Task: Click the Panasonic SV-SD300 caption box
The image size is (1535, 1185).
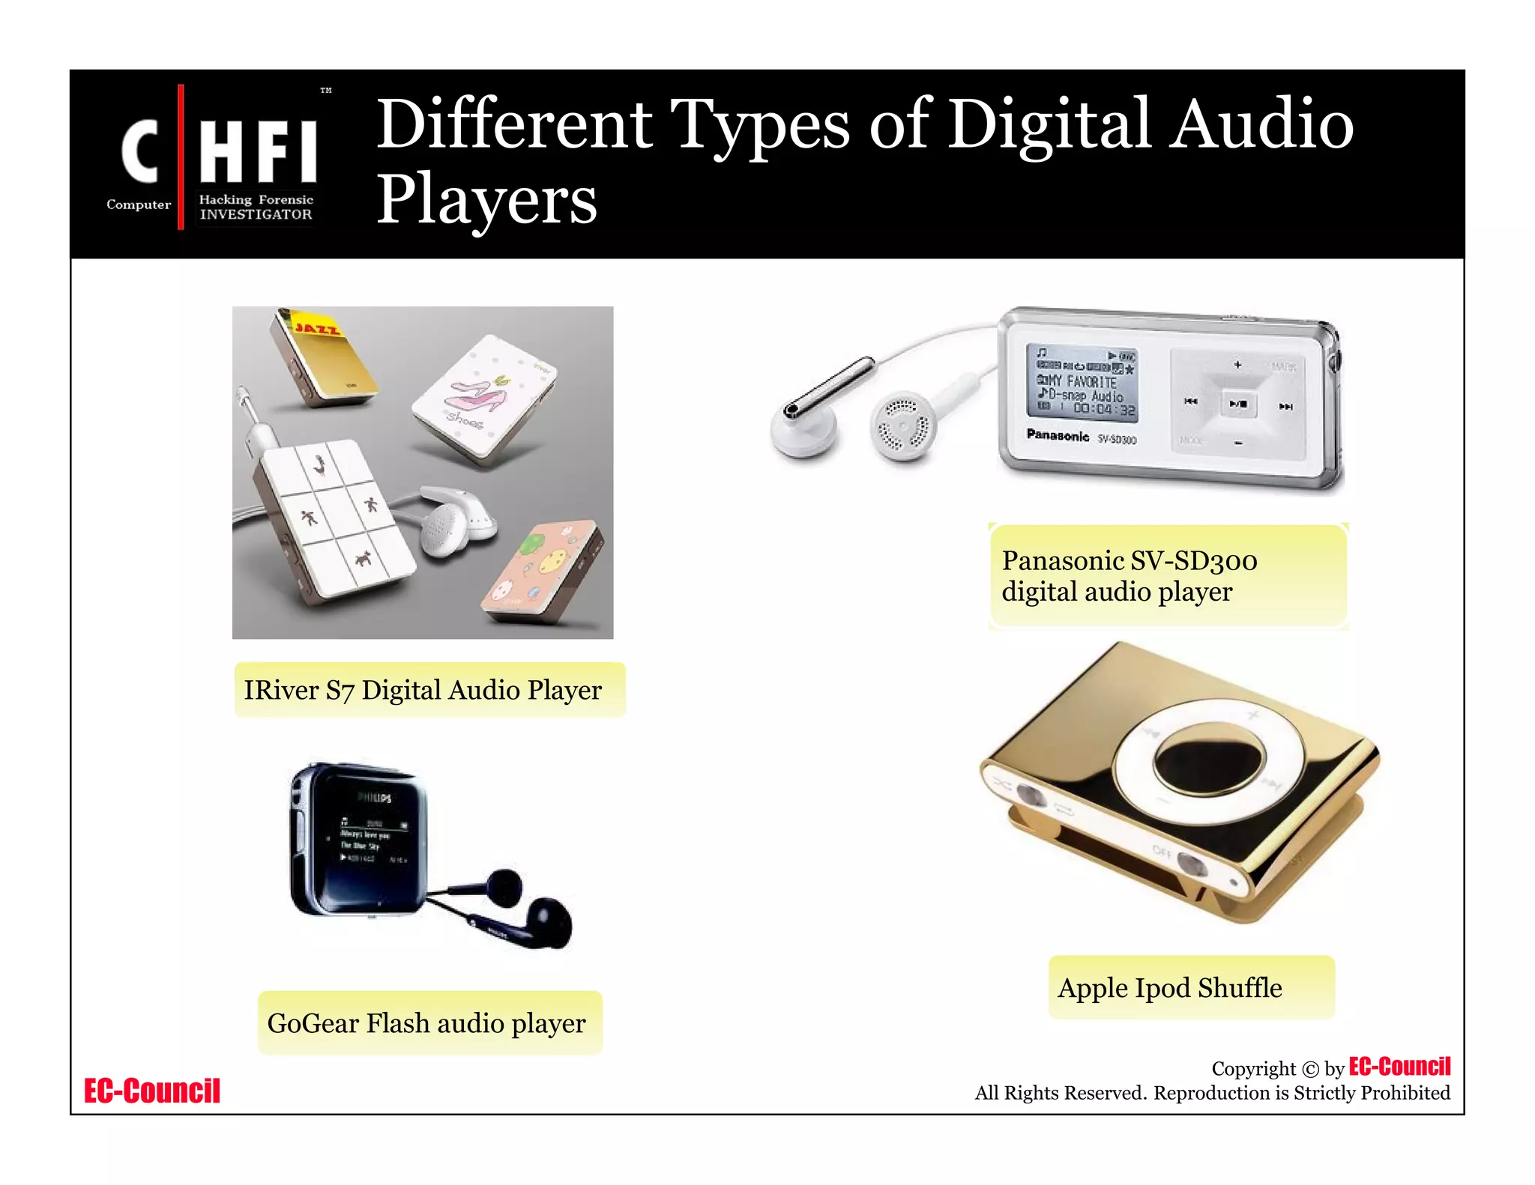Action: pyautogui.click(x=1167, y=575)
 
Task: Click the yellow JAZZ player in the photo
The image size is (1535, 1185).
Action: pyautogui.click(x=324, y=356)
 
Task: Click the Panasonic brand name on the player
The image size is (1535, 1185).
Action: pyautogui.click(x=1057, y=435)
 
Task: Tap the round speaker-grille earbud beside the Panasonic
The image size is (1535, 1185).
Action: pyautogui.click(x=903, y=425)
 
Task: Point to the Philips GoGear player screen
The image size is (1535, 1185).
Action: pyautogui.click(x=371, y=839)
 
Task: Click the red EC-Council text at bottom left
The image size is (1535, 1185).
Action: pyautogui.click(x=152, y=1091)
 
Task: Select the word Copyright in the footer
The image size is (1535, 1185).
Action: pyautogui.click(x=1253, y=1069)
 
